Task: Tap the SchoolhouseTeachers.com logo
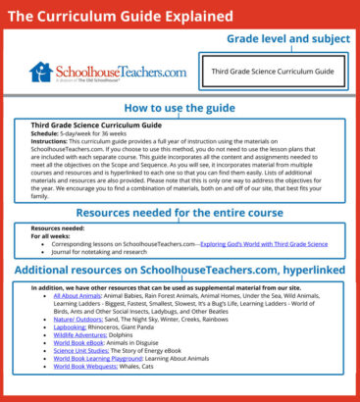click(93, 73)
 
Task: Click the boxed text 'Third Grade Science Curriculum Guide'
click(268, 73)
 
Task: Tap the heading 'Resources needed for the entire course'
click(180, 212)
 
